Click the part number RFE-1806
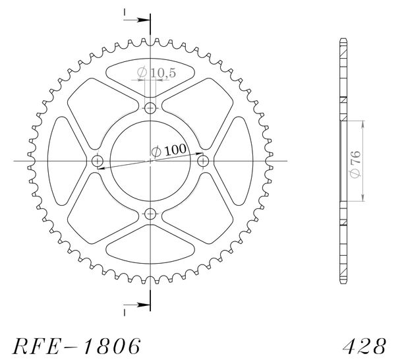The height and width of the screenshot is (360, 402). click(76, 346)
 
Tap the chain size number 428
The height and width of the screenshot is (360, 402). click(364, 346)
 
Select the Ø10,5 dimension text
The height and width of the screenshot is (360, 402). click(156, 73)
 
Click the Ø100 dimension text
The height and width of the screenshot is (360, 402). click(169, 150)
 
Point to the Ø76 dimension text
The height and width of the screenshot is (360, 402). click(356, 164)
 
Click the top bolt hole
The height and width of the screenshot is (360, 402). click(150, 108)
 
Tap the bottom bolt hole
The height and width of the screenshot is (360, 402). click(150, 214)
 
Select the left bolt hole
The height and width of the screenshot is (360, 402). click(98, 161)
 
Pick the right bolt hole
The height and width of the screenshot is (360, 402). click(203, 161)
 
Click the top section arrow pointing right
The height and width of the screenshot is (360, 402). click(136, 20)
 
